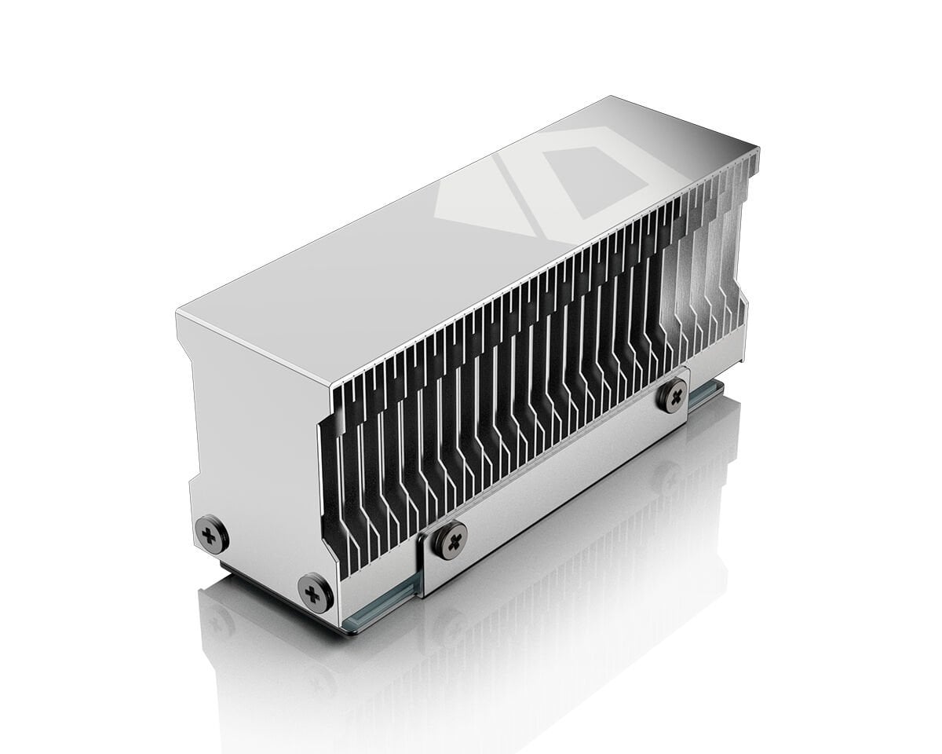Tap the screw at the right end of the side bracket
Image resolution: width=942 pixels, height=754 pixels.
point(673,396)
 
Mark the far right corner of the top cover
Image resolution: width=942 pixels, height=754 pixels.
point(758,147)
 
